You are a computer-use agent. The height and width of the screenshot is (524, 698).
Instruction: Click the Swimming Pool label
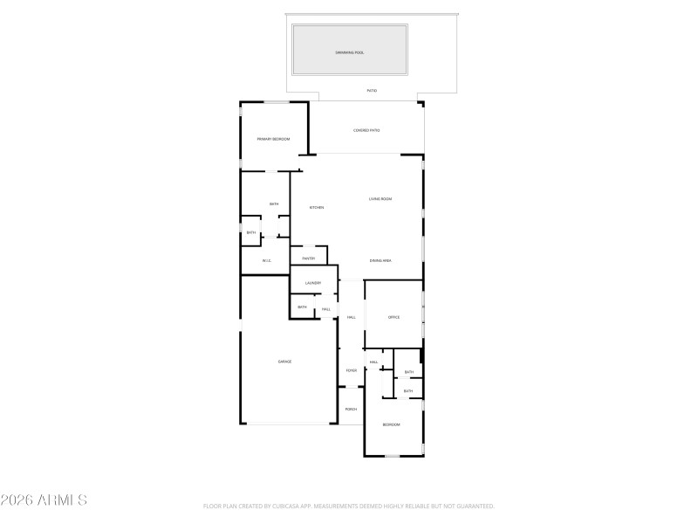[x=350, y=52]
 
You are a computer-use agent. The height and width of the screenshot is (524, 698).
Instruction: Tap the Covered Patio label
[x=366, y=130]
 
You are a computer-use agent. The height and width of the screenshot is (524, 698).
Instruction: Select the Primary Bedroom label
[x=273, y=139]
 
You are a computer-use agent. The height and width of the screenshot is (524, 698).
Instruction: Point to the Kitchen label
[x=317, y=207]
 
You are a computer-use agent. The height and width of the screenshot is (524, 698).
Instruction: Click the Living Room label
[x=380, y=199]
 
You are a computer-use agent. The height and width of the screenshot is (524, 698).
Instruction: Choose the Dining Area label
[x=380, y=260]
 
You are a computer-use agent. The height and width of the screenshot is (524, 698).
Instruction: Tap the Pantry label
[x=308, y=259]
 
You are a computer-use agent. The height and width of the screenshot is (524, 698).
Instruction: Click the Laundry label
[x=313, y=283]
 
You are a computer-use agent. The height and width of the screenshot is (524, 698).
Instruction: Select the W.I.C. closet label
[x=268, y=260]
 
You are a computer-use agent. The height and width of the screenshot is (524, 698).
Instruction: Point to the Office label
[x=393, y=317]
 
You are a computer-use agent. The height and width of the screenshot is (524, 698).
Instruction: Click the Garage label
[x=284, y=362]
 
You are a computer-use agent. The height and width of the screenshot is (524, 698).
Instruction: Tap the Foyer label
[x=351, y=370]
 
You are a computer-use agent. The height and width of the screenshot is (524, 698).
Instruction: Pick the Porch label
[x=351, y=409]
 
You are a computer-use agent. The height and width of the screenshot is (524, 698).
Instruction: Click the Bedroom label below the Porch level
[x=391, y=424]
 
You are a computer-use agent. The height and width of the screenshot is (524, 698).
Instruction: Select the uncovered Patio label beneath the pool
[x=371, y=90]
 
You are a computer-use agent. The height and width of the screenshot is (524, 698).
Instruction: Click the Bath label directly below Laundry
[x=302, y=307]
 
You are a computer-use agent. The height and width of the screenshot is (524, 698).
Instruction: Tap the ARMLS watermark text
[x=62, y=500]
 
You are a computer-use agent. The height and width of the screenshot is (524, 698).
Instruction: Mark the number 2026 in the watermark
[x=17, y=500]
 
